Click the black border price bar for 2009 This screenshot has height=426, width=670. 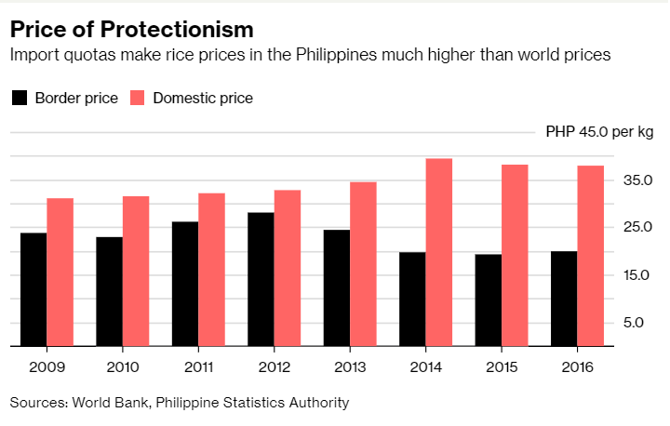[x=33, y=289]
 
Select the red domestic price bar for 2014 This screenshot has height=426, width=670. [x=439, y=252]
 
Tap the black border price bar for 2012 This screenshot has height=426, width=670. [x=261, y=279]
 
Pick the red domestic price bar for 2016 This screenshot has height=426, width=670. [x=591, y=256]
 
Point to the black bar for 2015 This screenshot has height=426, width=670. [x=489, y=300]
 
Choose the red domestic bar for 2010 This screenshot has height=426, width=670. [x=136, y=271]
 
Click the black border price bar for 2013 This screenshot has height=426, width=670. [x=337, y=287]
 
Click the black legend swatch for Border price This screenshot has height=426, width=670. [x=18, y=98]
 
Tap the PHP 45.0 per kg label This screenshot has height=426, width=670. [x=599, y=132]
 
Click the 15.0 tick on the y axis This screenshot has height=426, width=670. [x=637, y=275]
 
